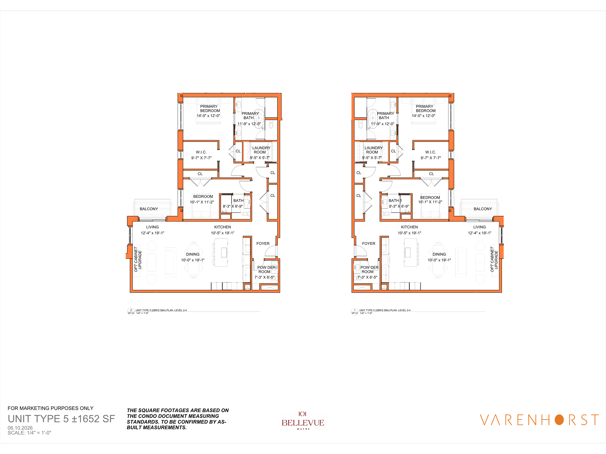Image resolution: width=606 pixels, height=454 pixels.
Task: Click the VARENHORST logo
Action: point(539,420)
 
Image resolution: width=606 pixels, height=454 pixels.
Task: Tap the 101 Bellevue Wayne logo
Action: point(303,421)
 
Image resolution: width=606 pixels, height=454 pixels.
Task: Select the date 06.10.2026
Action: point(20,428)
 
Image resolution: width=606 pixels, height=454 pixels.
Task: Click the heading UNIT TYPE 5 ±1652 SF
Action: point(61,419)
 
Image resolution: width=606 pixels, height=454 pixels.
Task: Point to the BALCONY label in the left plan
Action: point(149,209)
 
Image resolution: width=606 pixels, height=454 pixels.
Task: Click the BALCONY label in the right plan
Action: point(483,209)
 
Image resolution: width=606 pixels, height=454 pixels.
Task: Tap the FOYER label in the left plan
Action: point(263,244)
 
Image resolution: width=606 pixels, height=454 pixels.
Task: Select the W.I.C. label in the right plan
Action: point(431,152)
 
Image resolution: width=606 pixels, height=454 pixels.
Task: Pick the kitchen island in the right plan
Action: point(410,253)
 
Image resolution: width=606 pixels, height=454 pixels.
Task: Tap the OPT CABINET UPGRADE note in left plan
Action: point(138,259)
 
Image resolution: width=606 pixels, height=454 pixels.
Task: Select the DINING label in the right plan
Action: point(439,254)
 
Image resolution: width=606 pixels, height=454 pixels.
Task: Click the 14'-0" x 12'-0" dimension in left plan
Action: point(208,116)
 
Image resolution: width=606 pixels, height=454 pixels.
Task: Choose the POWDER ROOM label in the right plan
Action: point(369,269)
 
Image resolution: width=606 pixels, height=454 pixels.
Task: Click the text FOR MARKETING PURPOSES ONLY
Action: point(50,408)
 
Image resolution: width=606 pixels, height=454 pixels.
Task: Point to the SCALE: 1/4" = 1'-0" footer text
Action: point(29,433)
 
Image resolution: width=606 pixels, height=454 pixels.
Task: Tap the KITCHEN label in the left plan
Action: point(223,227)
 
